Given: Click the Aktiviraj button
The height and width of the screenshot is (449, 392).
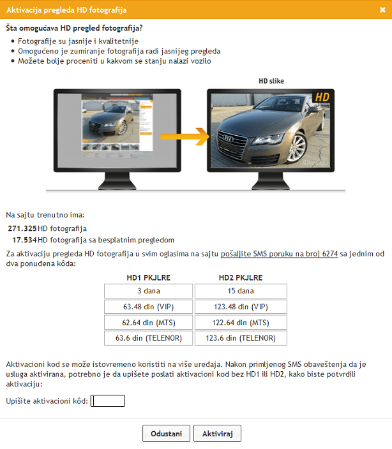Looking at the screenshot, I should [217, 434].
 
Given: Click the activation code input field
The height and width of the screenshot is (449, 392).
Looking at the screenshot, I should [108, 401].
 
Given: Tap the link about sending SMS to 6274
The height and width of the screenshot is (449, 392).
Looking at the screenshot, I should [279, 254].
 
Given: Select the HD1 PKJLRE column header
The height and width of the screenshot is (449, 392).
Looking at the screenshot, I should [149, 277].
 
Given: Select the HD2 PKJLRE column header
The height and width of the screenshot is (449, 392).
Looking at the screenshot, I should [241, 277].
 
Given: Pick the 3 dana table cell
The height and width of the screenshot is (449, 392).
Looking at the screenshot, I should [149, 291].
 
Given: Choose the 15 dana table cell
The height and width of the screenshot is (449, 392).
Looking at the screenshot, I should [241, 291].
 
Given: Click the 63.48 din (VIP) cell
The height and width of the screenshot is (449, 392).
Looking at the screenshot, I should [149, 307].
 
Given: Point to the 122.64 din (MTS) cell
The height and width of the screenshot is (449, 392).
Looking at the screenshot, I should [241, 323].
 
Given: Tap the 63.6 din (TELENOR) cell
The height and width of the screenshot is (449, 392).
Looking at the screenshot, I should [149, 338].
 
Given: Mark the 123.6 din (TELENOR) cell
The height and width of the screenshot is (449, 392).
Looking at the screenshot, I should [241, 338].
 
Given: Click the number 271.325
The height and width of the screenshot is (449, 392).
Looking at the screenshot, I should [22, 228].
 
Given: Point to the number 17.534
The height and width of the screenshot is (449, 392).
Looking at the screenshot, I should [25, 240].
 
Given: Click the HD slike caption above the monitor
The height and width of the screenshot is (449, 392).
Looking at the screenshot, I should [271, 81].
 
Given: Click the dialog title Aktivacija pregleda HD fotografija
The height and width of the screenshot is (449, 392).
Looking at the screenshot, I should [66, 10].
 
